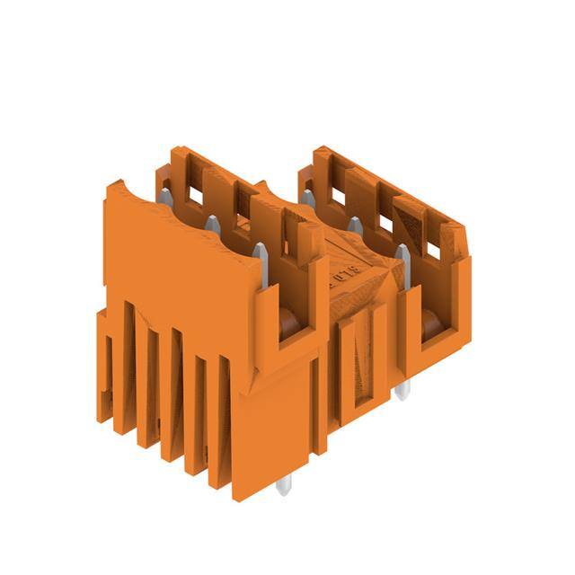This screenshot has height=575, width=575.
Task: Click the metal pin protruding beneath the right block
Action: pyautogui.click(x=402, y=388)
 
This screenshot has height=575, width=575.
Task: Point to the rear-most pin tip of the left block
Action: pyautogui.click(x=164, y=197)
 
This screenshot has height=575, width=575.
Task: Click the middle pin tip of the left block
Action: pyautogui.click(x=212, y=223)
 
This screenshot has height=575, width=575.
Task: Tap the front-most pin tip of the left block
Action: pyautogui.click(x=260, y=251)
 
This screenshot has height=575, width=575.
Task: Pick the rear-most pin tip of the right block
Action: pyautogui.click(x=308, y=196)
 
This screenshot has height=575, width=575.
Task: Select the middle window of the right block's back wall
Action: pyautogui.click(x=385, y=221)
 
